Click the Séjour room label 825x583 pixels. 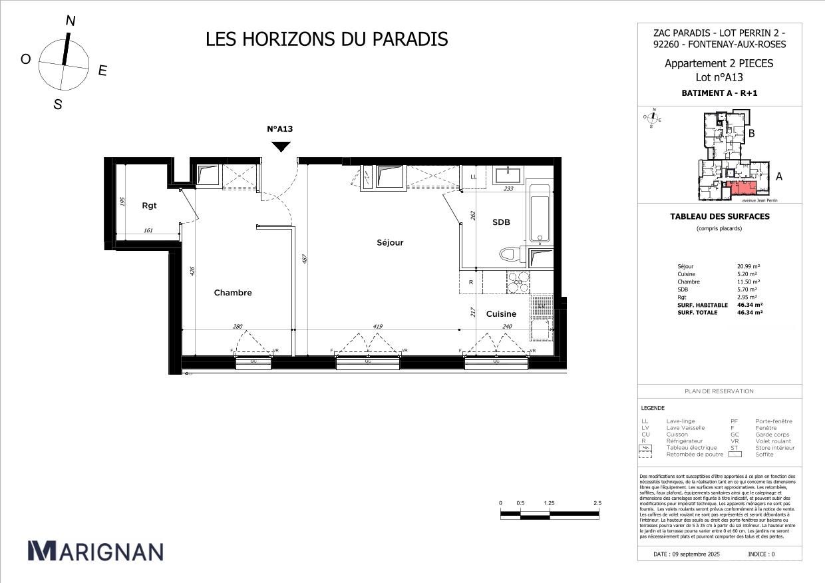(x=390, y=243)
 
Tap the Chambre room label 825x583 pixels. (x=233, y=293)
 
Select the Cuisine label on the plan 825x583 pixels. (x=501, y=314)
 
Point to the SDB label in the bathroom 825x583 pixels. (x=501, y=222)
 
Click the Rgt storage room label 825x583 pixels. (x=149, y=206)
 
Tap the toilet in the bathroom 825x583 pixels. (x=511, y=254)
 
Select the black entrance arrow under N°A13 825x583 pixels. (x=281, y=146)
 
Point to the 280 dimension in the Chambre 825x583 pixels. (x=238, y=327)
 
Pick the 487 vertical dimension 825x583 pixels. (x=304, y=260)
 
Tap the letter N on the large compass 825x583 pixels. (x=70, y=21)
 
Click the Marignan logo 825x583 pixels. (x=95, y=551)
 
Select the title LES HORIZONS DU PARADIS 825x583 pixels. (x=327, y=39)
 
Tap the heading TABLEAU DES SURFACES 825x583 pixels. (x=719, y=216)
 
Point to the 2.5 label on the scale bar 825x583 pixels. (x=597, y=503)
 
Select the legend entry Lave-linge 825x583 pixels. (x=680, y=421)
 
